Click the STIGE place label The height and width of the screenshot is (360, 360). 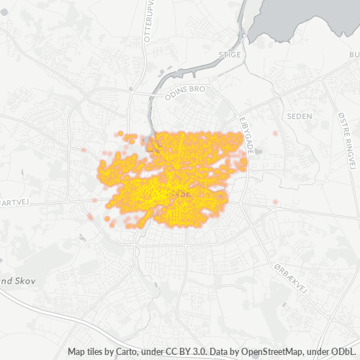point(229,54)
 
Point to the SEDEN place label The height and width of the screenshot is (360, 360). point(297,115)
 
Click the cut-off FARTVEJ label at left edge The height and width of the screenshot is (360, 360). point(14,203)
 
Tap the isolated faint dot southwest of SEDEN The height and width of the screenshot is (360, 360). point(276,135)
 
